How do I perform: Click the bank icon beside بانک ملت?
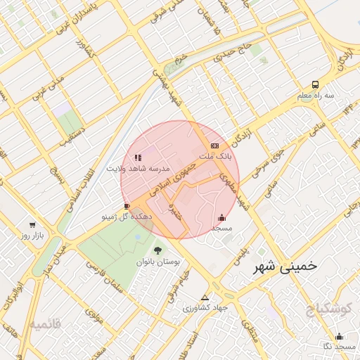[214, 146]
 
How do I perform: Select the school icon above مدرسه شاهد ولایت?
[139, 157]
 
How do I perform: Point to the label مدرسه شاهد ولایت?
[139, 169]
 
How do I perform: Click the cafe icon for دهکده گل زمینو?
[127, 206]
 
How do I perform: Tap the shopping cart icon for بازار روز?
[32, 225]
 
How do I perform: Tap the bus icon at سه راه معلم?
[315, 84]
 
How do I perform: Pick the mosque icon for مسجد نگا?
[340, 335]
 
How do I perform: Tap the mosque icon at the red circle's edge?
[222, 217]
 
